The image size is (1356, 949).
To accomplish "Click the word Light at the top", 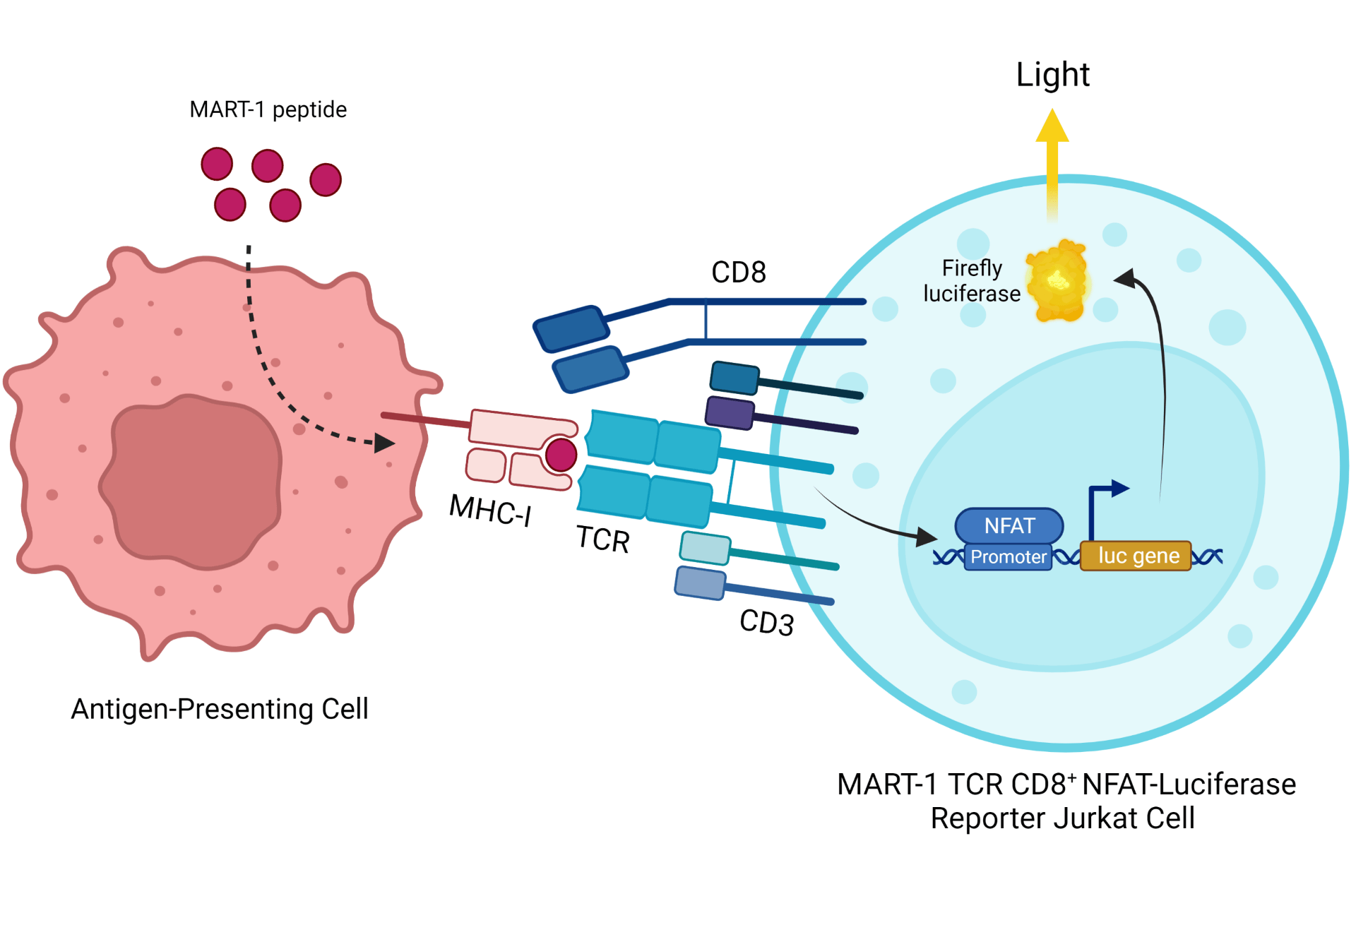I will click(1052, 74).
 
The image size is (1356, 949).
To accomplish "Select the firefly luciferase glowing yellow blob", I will click(1057, 281).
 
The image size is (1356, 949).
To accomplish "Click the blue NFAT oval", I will click(1009, 525).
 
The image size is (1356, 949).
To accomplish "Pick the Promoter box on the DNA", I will click(1008, 557).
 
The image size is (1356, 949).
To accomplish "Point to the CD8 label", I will click(738, 272).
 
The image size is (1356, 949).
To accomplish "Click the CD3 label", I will click(766, 622).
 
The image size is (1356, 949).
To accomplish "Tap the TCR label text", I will click(602, 539).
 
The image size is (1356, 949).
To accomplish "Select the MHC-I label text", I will click(490, 510).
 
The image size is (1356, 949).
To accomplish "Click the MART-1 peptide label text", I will click(268, 109).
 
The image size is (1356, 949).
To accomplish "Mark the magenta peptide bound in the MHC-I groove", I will click(561, 455).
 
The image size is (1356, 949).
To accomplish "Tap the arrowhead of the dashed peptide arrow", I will click(384, 443).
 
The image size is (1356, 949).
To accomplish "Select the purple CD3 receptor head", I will click(730, 412).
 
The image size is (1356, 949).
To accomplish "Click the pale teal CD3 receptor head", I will click(704, 548).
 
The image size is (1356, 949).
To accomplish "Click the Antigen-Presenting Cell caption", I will click(220, 709).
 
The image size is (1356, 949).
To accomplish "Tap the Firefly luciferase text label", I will click(972, 280).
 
